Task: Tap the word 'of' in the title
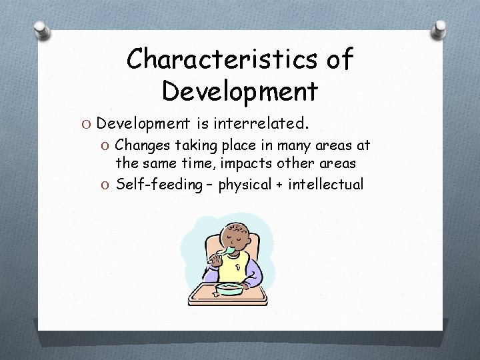point(339,59)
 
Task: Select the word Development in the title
point(239,91)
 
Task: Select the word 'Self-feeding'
point(159,184)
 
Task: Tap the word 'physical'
point(245,184)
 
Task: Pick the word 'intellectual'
point(326,184)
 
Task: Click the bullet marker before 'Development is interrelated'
point(87,123)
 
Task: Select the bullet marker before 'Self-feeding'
point(106,185)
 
